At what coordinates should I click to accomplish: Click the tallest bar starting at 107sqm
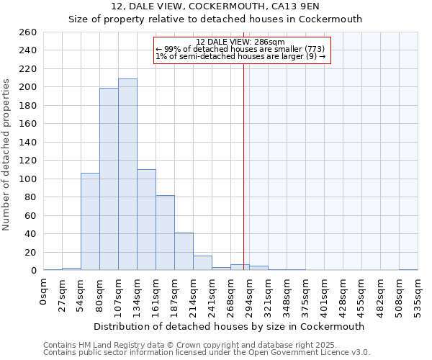tap(127, 174)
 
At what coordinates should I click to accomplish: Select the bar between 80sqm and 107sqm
tap(109, 179)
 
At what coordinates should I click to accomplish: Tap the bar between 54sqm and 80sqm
tap(90, 222)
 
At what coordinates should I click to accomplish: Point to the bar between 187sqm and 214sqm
tap(184, 251)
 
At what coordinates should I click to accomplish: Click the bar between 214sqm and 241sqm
tap(202, 263)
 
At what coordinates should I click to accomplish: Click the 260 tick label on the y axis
tap(27, 32)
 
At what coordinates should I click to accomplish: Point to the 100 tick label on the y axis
tap(27, 179)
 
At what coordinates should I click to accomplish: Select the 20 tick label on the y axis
tap(30, 252)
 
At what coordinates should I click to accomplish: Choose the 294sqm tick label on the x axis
tap(249, 295)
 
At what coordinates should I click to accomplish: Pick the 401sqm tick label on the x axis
tap(324, 295)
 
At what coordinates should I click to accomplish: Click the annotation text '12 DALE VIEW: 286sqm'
tap(240, 42)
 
